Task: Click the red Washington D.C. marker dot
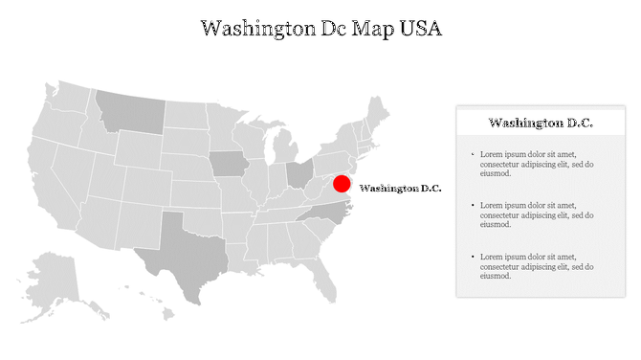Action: coord(342,185)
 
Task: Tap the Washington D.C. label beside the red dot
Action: coord(400,189)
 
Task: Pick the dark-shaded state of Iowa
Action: coord(228,163)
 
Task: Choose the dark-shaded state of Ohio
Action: coord(299,173)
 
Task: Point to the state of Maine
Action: coord(379,111)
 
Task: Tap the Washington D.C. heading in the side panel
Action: coord(541,123)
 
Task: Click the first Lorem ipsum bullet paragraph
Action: coord(537,164)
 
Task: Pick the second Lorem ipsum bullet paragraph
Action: coord(537,214)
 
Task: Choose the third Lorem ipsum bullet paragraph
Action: coord(537,266)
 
